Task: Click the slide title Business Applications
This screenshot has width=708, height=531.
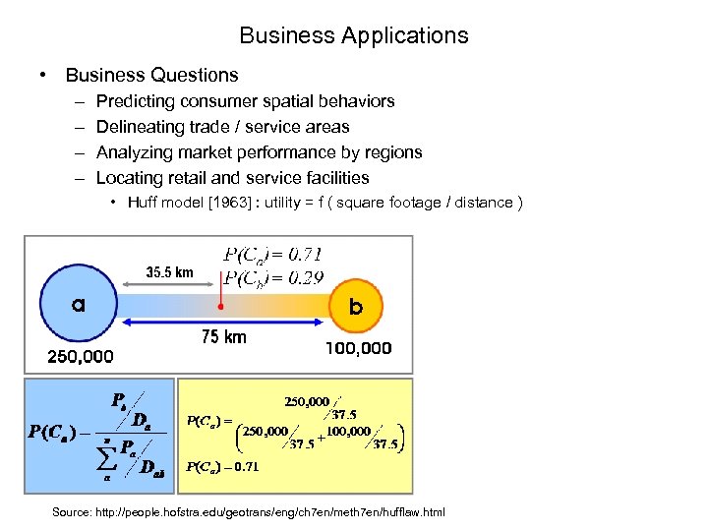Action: (354, 36)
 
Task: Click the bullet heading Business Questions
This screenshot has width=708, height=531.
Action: (151, 76)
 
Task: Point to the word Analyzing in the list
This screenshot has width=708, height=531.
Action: (136, 152)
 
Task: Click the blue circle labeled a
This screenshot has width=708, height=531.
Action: (78, 305)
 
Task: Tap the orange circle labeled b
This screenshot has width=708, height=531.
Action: (355, 306)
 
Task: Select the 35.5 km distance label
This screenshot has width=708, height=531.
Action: (169, 272)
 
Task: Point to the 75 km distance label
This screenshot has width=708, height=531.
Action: (224, 337)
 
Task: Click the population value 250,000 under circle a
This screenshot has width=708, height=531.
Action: (80, 355)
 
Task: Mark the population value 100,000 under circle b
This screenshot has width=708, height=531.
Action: (358, 348)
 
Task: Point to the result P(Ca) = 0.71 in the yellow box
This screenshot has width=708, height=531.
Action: (222, 467)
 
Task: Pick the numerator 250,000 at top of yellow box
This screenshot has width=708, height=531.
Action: (307, 402)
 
